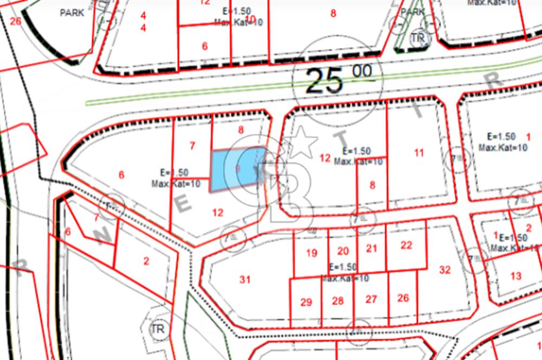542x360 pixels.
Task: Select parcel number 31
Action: coord(245,280)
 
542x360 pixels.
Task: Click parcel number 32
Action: coord(444,269)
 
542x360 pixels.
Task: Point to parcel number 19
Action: coord(311,253)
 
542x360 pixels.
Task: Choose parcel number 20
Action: coord(343,250)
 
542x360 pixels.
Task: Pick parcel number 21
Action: coord(371,248)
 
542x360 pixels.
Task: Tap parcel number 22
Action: coord(406,245)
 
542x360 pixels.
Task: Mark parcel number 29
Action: coord(306,302)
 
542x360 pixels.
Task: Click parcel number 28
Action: coord(338,301)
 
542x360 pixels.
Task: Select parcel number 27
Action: coord(371,299)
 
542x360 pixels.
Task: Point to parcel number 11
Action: coord(419,153)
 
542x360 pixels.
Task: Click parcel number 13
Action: coord(515,276)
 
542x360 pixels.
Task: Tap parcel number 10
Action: coord(250,19)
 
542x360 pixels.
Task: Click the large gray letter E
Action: coord(183,205)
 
